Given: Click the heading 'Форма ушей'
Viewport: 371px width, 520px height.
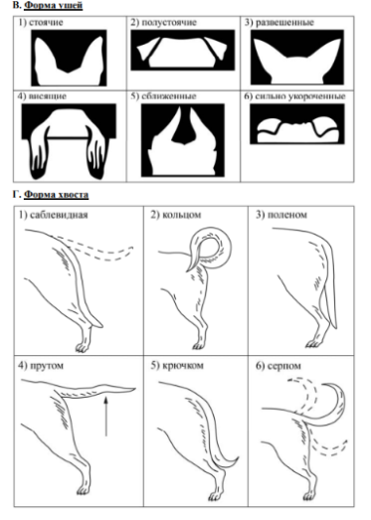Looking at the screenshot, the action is click(x=54, y=6).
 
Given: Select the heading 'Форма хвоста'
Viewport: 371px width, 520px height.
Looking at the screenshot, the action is click(x=56, y=194).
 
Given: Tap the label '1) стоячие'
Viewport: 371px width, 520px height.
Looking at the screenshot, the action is click(x=41, y=22).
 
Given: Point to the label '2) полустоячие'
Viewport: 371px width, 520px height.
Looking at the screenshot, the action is click(x=163, y=22).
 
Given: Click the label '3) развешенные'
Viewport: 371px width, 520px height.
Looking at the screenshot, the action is click(x=279, y=22).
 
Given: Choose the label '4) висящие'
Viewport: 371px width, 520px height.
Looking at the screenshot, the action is click(x=42, y=96).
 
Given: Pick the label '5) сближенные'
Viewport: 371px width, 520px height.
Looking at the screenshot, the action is click(x=163, y=96).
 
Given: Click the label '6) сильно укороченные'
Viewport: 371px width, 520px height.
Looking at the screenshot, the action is click(x=294, y=96).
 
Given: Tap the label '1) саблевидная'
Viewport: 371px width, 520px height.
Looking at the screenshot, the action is click(x=53, y=215).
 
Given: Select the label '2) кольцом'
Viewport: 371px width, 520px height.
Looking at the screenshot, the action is click(x=175, y=215).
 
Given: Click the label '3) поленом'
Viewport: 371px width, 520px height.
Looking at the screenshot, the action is click(x=281, y=215).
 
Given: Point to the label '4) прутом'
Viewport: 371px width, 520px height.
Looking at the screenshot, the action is click(x=41, y=366).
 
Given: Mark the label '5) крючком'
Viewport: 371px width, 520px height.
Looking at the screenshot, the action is click(x=177, y=366).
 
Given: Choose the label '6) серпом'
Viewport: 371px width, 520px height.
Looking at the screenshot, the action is click(x=278, y=366).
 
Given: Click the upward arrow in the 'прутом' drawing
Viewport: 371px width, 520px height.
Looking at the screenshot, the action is click(x=106, y=416).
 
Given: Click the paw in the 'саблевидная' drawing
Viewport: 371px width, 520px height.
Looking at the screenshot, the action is click(x=83, y=347).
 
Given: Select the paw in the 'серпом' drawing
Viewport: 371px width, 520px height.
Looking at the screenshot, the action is click(x=308, y=495).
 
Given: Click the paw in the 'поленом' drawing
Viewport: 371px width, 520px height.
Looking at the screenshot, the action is click(x=312, y=344).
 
